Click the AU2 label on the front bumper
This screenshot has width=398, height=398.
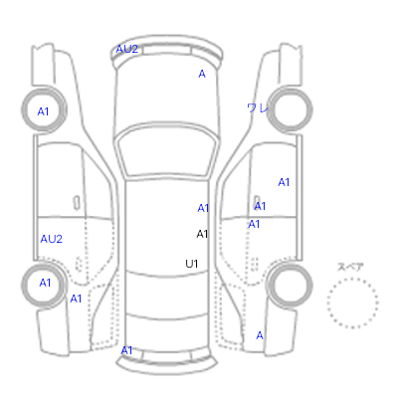[x=126, y=50]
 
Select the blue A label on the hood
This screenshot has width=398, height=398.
[x=202, y=74]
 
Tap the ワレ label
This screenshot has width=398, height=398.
[x=257, y=107]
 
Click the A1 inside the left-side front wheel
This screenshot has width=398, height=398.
[x=43, y=111]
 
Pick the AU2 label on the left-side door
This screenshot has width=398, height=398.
[x=52, y=239]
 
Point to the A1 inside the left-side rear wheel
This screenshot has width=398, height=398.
[x=45, y=283]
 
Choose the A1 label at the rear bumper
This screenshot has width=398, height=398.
[x=126, y=350]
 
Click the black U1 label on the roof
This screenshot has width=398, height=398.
[x=192, y=264]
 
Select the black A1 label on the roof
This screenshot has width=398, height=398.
[x=202, y=234]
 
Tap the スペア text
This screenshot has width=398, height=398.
[x=350, y=267]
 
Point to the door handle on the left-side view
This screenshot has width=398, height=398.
[x=77, y=203]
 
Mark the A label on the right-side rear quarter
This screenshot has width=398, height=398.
[x=260, y=335]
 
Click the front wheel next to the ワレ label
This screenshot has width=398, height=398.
[x=291, y=109]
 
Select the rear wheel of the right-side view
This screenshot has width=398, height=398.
[x=291, y=285]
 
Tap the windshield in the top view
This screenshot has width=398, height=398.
[x=167, y=151]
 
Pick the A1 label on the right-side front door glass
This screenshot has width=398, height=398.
[x=284, y=182]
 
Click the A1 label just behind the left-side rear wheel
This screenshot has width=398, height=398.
[x=76, y=298]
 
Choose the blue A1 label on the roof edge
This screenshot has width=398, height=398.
[x=203, y=208]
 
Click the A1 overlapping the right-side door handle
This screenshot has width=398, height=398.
[x=260, y=206]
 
